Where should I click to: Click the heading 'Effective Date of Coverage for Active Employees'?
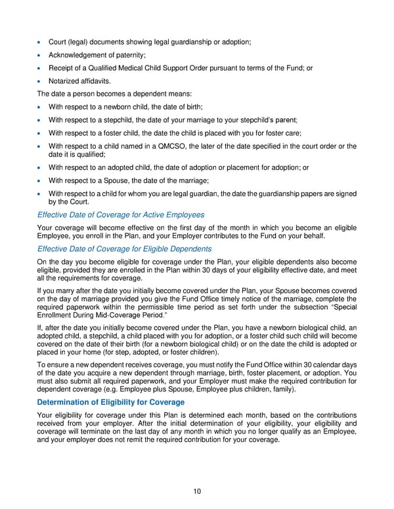tap(121, 215)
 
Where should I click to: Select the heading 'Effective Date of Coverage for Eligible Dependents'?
tap(125, 249)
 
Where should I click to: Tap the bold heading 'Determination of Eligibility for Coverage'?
tap(111, 402)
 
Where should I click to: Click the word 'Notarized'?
tap(64, 81)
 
